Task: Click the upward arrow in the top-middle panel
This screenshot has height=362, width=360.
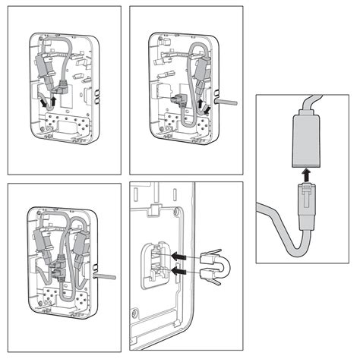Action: click(200, 99)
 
